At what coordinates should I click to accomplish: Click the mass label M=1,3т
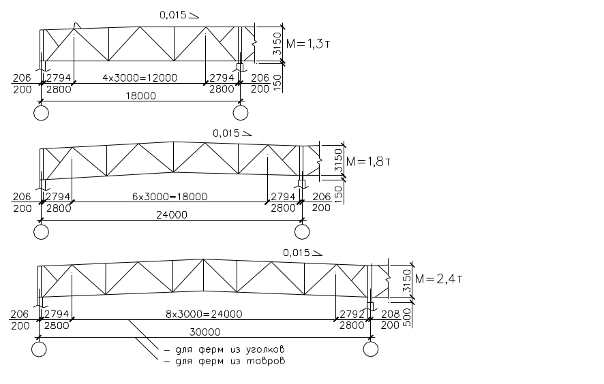(x=307, y=44)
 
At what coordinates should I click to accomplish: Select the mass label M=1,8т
(x=368, y=161)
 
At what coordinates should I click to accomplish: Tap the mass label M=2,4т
(x=438, y=278)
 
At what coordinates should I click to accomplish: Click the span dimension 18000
(x=141, y=96)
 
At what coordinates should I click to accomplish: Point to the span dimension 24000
(x=171, y=214)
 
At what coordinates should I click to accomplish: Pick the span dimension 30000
(x=205, y=332)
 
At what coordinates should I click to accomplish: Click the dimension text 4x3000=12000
(x=140, y=78)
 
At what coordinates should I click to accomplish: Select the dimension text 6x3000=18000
(x=170, y=197)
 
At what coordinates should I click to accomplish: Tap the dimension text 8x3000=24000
(x=204, y=314)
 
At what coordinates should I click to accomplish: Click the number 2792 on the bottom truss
(x=352, y=314)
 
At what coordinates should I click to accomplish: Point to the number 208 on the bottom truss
(x=390, y=315)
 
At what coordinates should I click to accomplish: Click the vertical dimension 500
(x=407, y=317)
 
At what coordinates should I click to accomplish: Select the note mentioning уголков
(x=224, y=350)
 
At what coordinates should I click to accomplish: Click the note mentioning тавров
(x=224, y=362)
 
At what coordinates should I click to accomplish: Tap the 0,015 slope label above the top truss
(x=179, y=15)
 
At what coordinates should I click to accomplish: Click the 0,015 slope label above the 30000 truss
(x=303, y=253)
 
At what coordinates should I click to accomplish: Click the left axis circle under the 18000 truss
(x=41, y=113)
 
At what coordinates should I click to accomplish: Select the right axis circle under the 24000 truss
(x=302, y=231)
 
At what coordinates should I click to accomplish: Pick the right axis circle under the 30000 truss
(x=371, y=349)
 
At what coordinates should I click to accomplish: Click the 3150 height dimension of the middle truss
(x=338, y=161)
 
